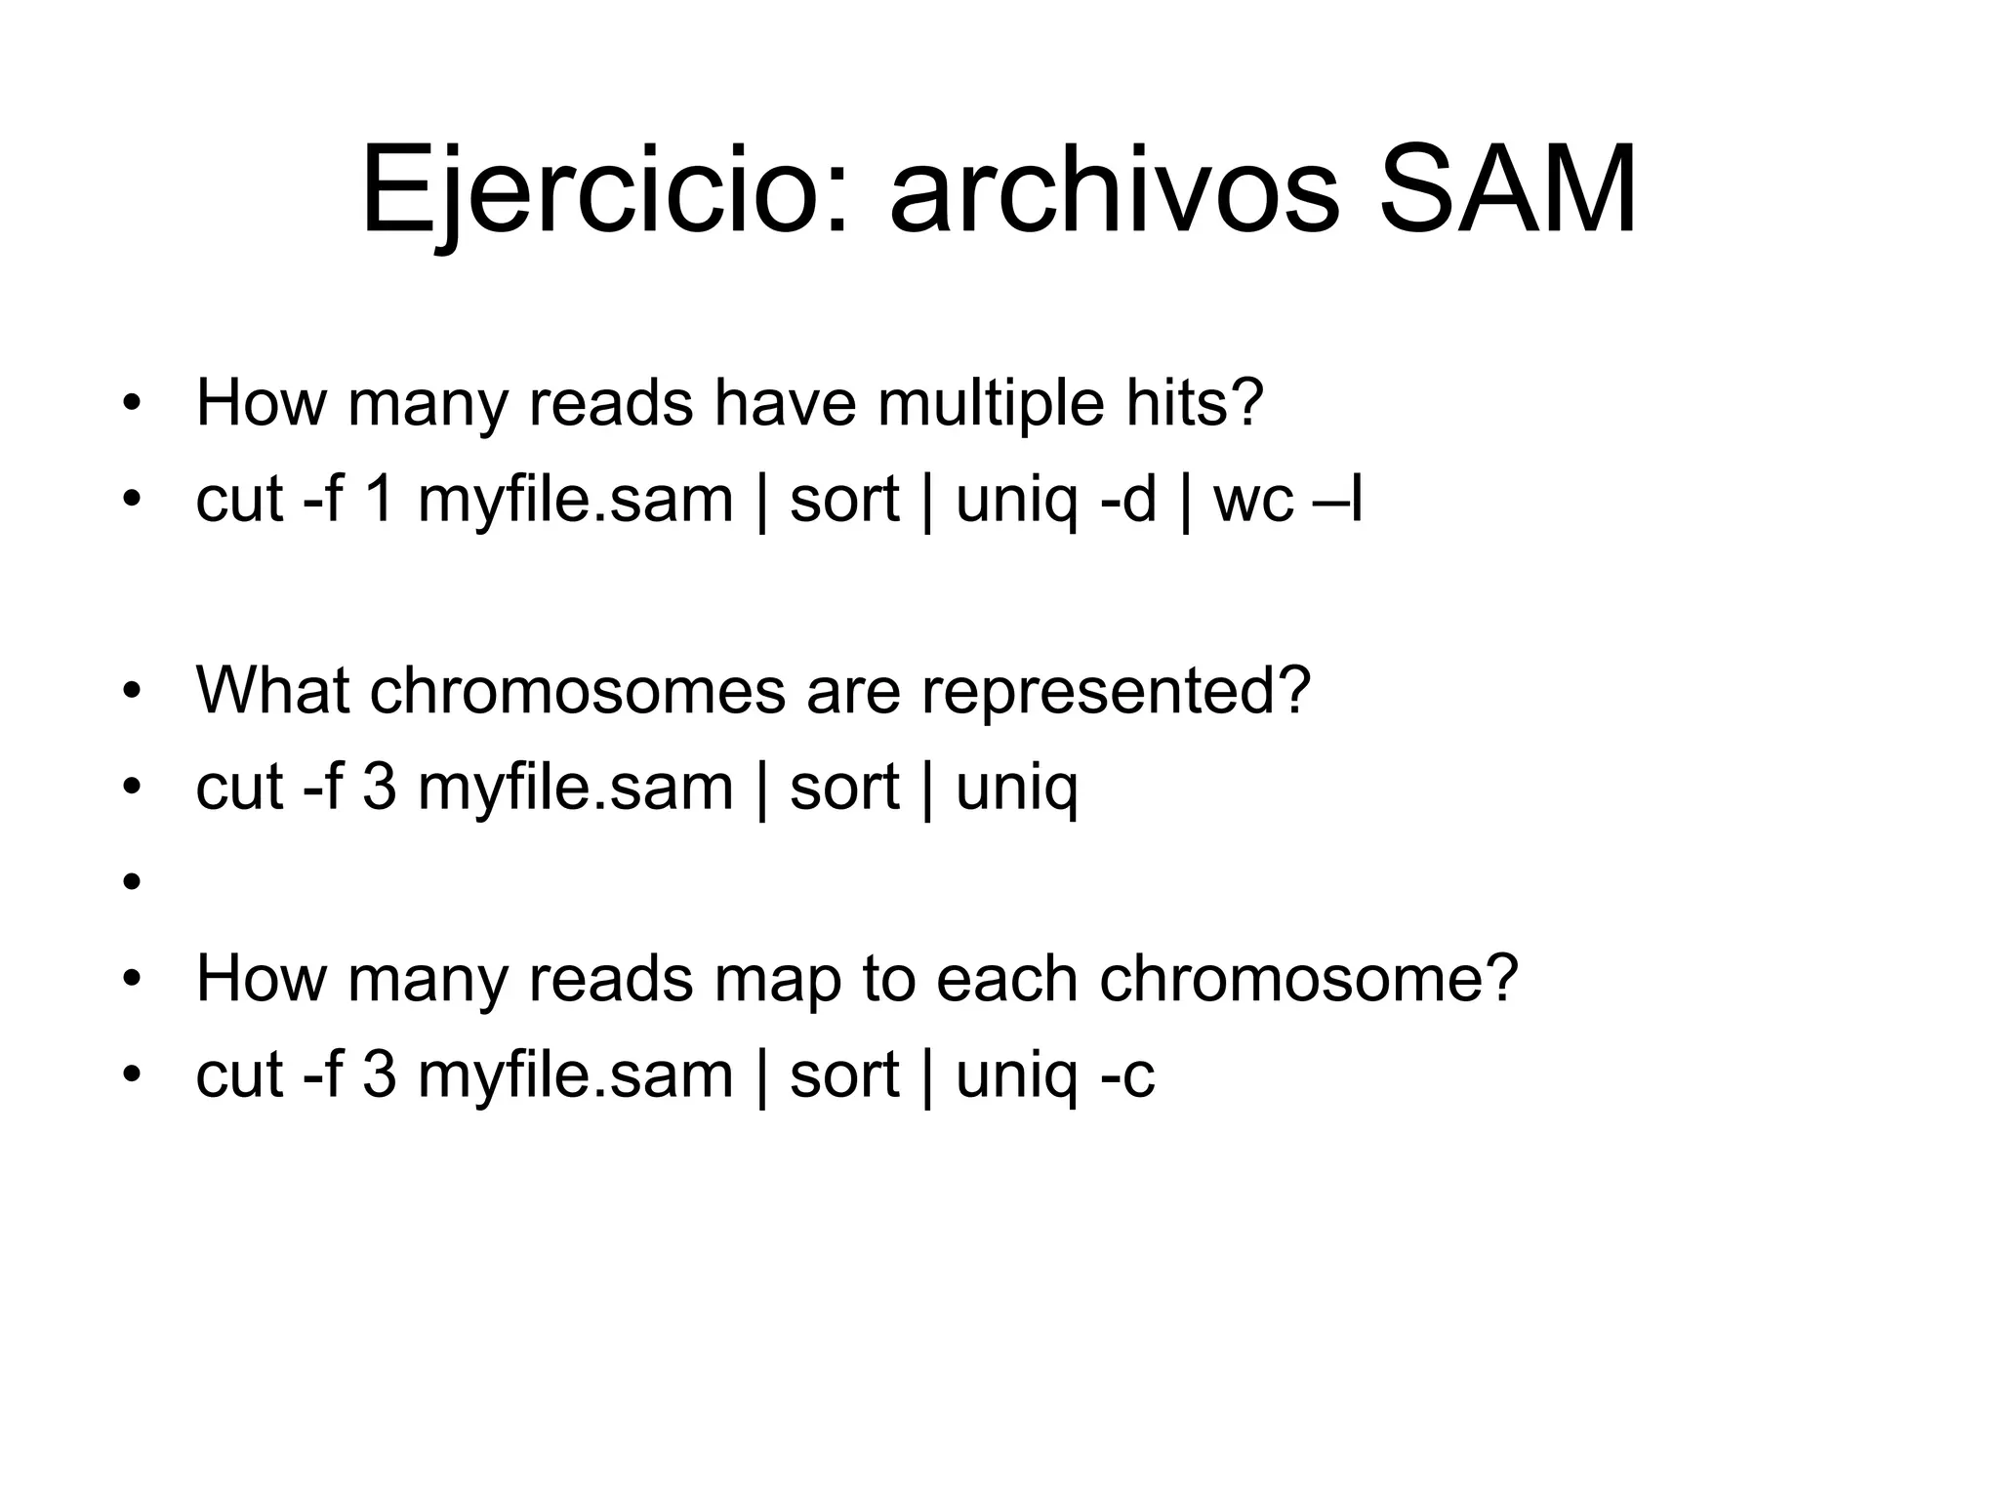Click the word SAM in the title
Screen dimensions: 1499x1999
[1507, 190]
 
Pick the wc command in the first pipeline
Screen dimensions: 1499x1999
[1253, 501]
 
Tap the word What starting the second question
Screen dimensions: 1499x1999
[272, 690]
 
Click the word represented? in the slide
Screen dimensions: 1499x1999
[1116, 690]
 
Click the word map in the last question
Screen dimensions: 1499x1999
[777, 979]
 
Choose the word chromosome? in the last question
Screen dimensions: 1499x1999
[1309, 979]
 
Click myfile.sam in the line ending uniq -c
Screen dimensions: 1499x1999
[575, 1074]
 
